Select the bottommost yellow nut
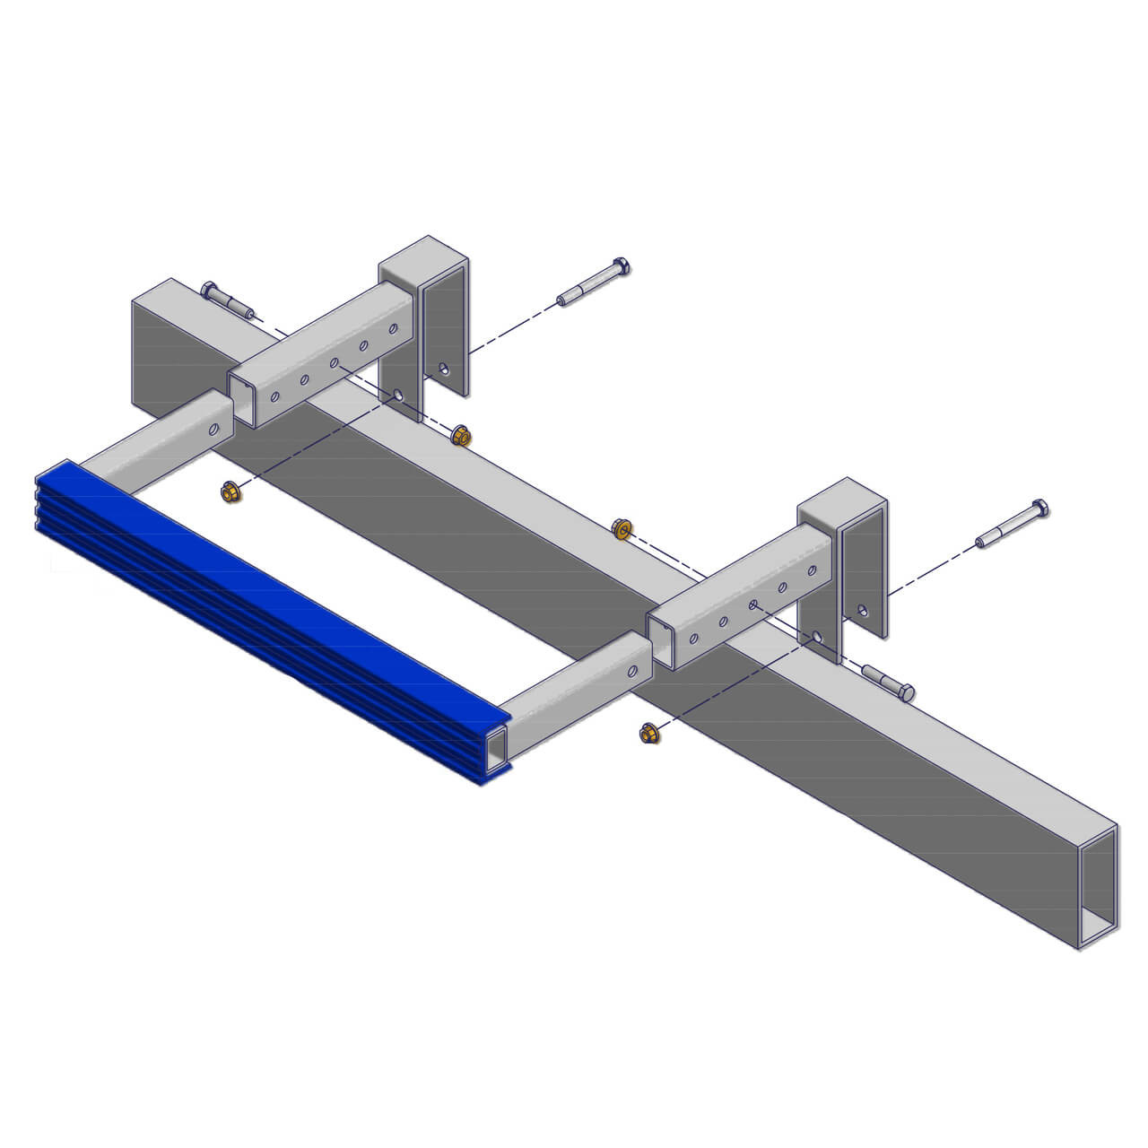648,734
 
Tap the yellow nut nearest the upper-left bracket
461,436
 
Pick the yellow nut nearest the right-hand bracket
621,528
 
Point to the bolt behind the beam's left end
226,300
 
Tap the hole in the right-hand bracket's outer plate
863,611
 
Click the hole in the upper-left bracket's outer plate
443,368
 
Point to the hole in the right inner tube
633,670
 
